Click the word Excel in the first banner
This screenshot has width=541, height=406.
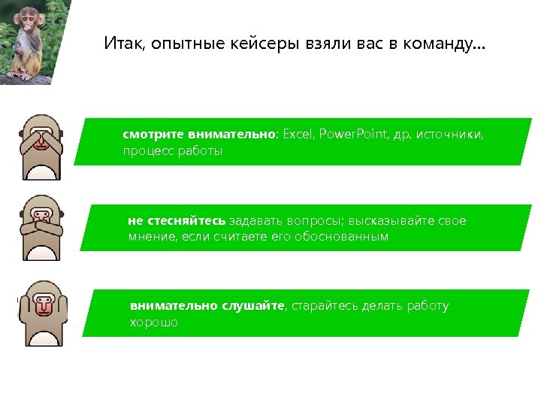[298, 135]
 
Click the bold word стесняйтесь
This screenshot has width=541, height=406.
[176, 221]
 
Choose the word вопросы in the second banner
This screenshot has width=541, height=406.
[314, 221]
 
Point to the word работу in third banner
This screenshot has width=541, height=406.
[427, 306]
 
